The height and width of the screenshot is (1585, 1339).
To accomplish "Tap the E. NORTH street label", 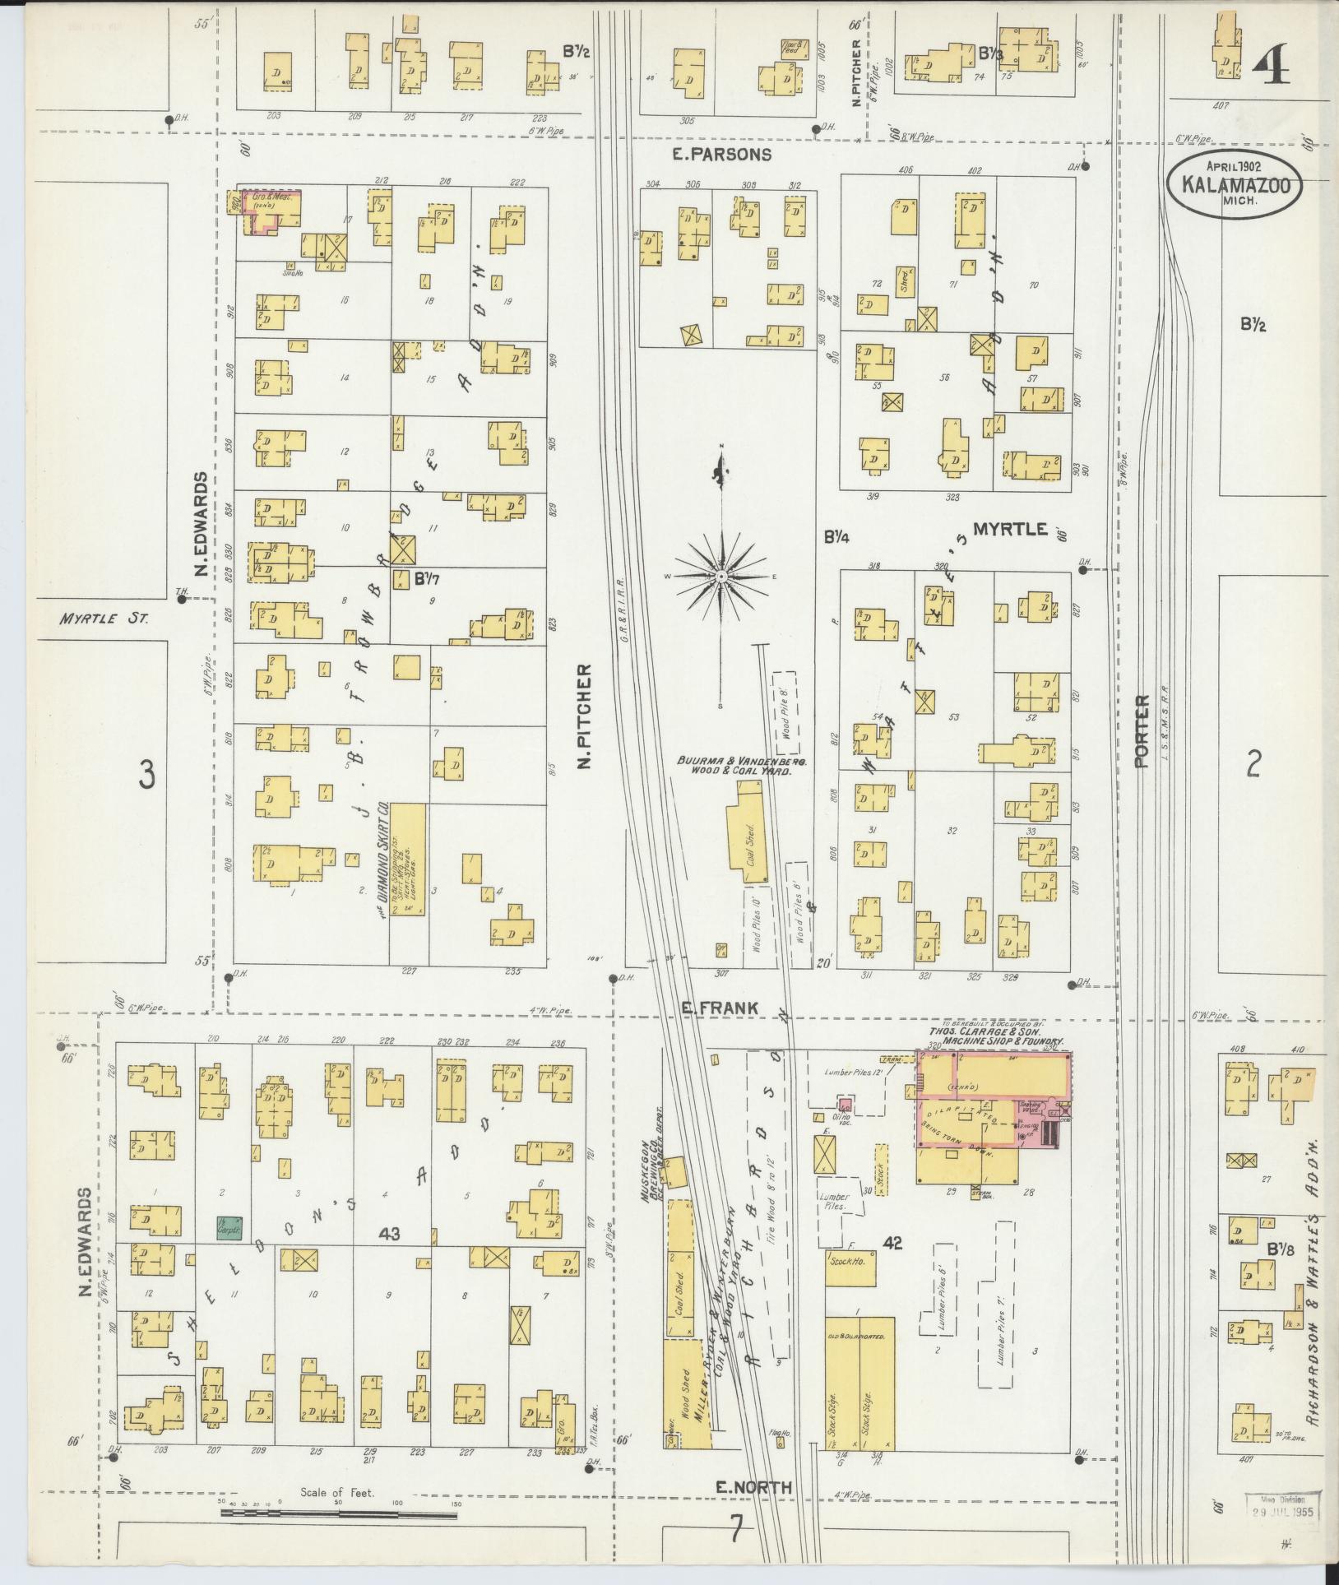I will [741, 1487].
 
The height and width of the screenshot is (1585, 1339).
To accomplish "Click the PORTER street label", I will [1141, 732].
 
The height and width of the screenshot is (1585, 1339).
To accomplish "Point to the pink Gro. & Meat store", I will [276, 208].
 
